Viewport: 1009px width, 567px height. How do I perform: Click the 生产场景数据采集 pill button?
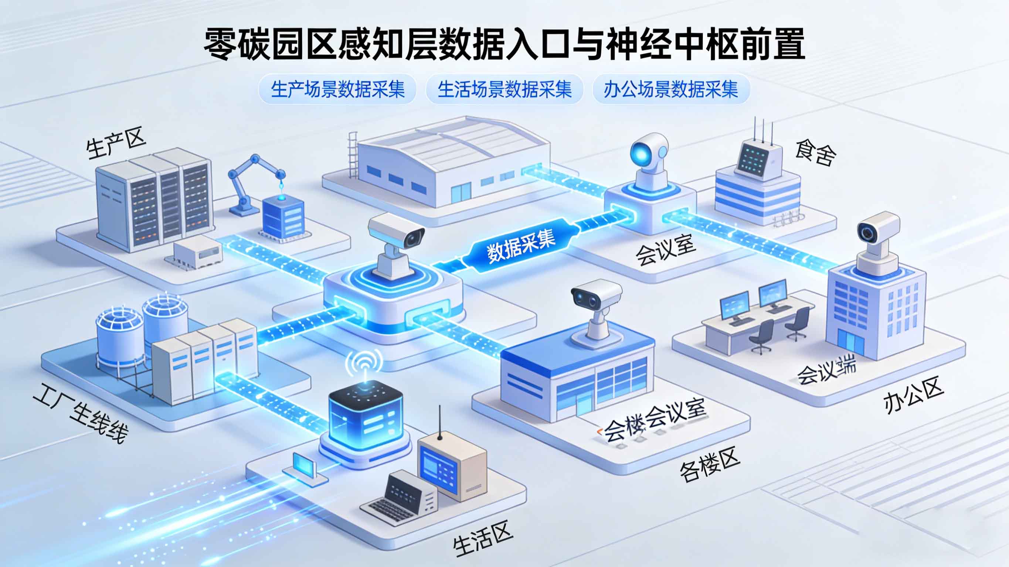point(337,90)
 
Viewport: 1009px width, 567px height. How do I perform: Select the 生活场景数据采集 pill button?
point(504,90)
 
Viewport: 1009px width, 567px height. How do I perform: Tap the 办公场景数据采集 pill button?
point(670,90)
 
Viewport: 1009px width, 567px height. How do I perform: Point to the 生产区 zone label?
point(116,145)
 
